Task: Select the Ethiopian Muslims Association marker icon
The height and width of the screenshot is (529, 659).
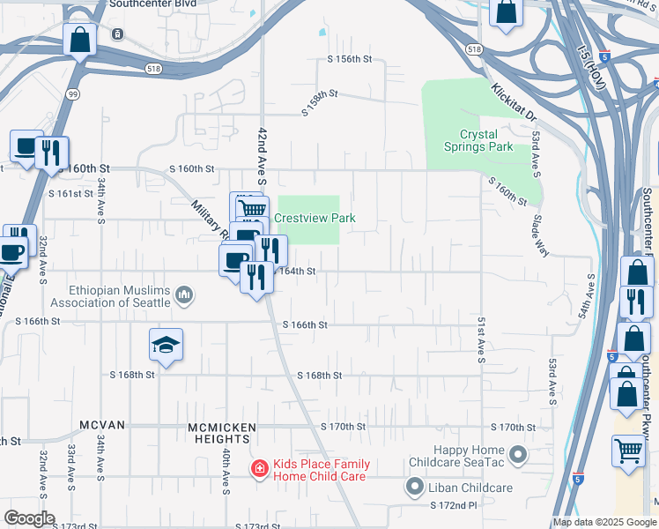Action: [x=184, y=294]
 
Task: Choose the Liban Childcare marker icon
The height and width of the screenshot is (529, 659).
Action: [x=414, y=486]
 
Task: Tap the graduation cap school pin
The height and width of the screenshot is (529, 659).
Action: [x=166, y=346]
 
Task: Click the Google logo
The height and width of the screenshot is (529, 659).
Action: [x=28, y=518]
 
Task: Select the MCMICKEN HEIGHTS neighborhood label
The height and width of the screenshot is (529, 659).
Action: [x=222, y=427]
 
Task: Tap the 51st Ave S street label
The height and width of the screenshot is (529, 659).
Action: [x=481, y=339]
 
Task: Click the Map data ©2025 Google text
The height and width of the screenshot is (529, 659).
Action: [x=603, y=522]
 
